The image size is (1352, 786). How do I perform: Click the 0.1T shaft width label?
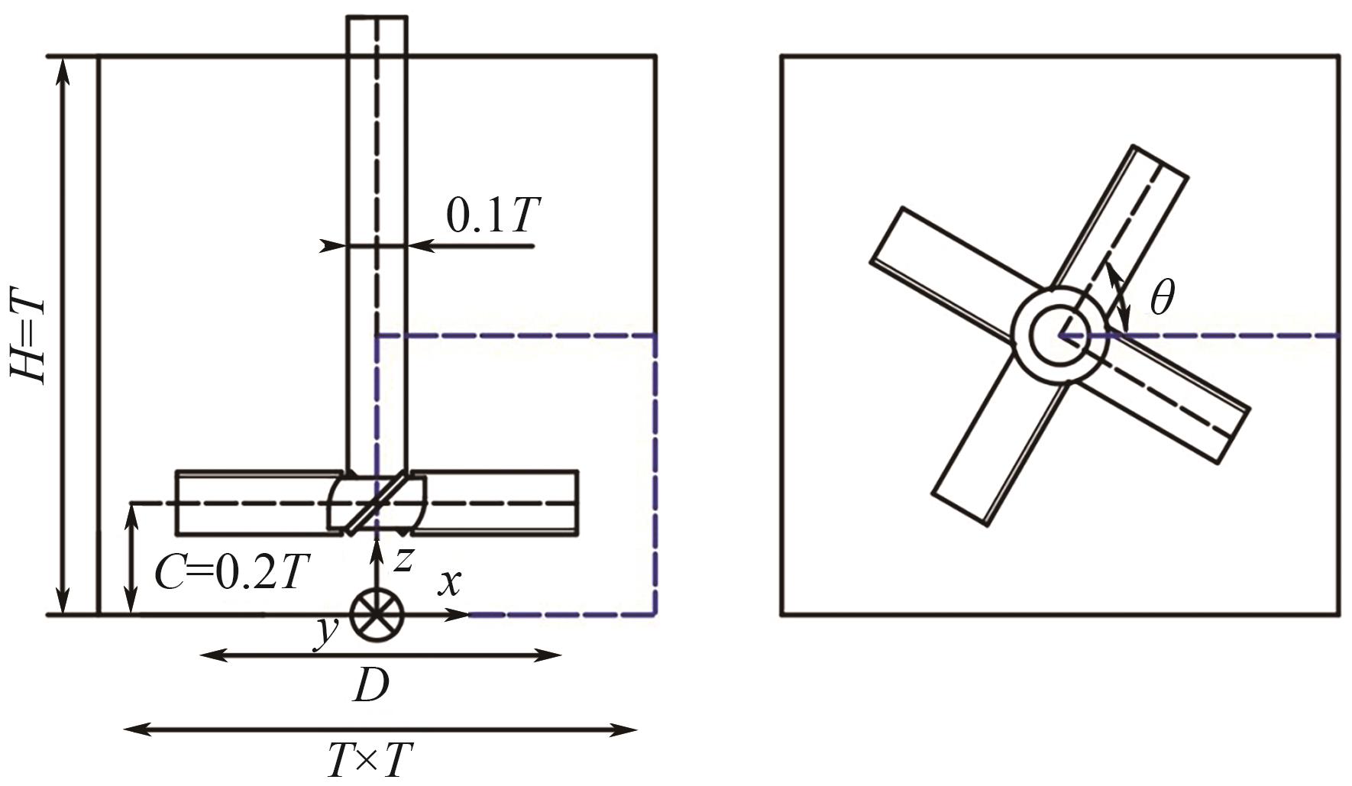[493, 215]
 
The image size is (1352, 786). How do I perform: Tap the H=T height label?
[28, 335]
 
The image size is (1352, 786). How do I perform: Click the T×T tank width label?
[370, 760]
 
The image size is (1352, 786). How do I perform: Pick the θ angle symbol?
[1162, 297]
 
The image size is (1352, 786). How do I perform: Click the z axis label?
[403, 559]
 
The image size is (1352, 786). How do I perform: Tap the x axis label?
[450, 582]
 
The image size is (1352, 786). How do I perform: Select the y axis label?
[327, 632]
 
